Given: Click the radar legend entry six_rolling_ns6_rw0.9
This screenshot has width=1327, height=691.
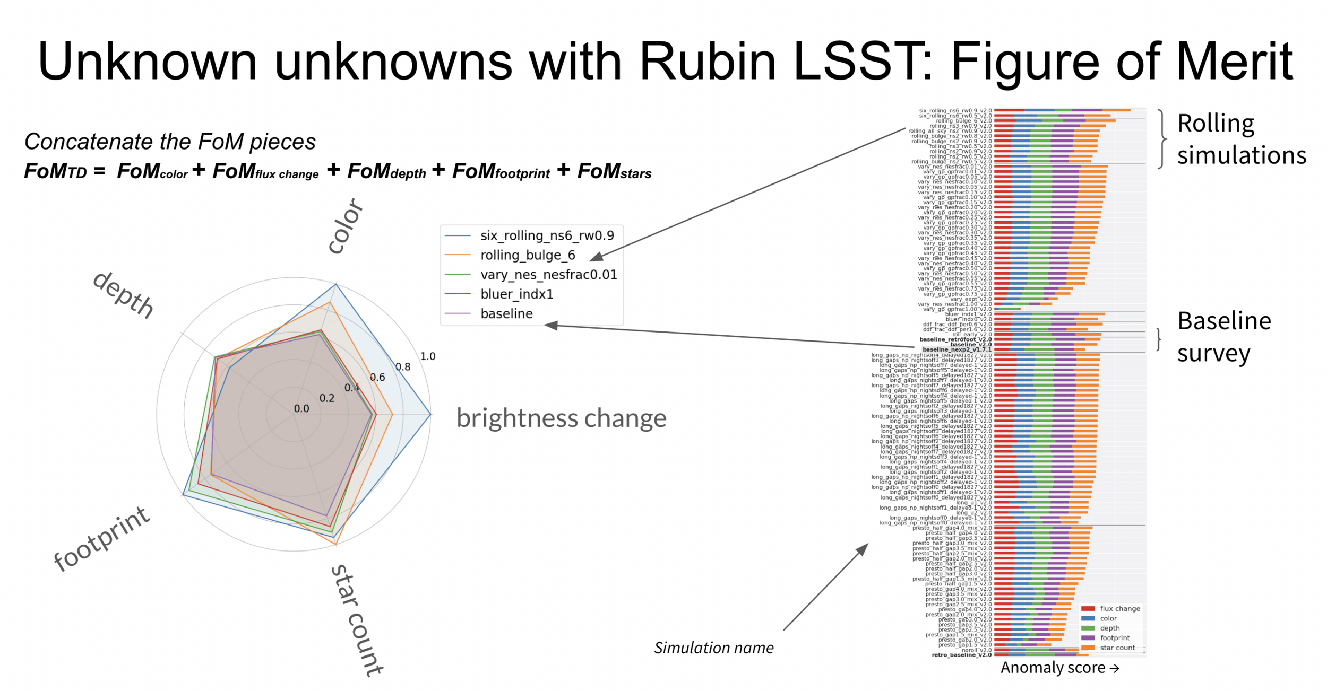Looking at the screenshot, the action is pos(547,235).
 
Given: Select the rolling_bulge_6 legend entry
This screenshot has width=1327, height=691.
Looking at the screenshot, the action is pos(528,255).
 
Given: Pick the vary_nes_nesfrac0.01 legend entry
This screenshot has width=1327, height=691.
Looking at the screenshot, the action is pos(548,275).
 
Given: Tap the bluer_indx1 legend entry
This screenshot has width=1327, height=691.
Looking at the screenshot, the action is pos(516,294).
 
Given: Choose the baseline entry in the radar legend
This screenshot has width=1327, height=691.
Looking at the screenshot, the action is pos(506,314).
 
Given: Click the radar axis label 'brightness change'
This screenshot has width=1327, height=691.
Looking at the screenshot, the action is pos(561,418).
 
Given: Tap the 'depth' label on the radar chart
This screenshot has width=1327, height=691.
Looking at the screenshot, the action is pos(124,295).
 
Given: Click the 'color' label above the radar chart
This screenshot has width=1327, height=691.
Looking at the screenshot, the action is pos(345,226).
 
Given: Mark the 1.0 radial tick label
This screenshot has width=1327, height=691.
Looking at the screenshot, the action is pos(428,356).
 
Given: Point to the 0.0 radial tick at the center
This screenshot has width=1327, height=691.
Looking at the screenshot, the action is pos(301,409).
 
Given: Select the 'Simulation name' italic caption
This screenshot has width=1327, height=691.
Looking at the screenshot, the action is pos(713,648).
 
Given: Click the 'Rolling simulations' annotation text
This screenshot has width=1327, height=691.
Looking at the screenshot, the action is pos(1241,139).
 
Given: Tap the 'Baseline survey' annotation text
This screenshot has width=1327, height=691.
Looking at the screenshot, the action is pos(1223,337).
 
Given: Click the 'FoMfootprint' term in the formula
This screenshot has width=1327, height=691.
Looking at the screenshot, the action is pos(501,171).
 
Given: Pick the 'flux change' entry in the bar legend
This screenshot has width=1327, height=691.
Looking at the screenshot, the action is pos(1119,608).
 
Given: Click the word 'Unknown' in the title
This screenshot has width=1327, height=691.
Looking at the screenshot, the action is pos(147,62).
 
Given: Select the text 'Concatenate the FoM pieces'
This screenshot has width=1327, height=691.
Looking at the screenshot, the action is pos(170,142).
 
